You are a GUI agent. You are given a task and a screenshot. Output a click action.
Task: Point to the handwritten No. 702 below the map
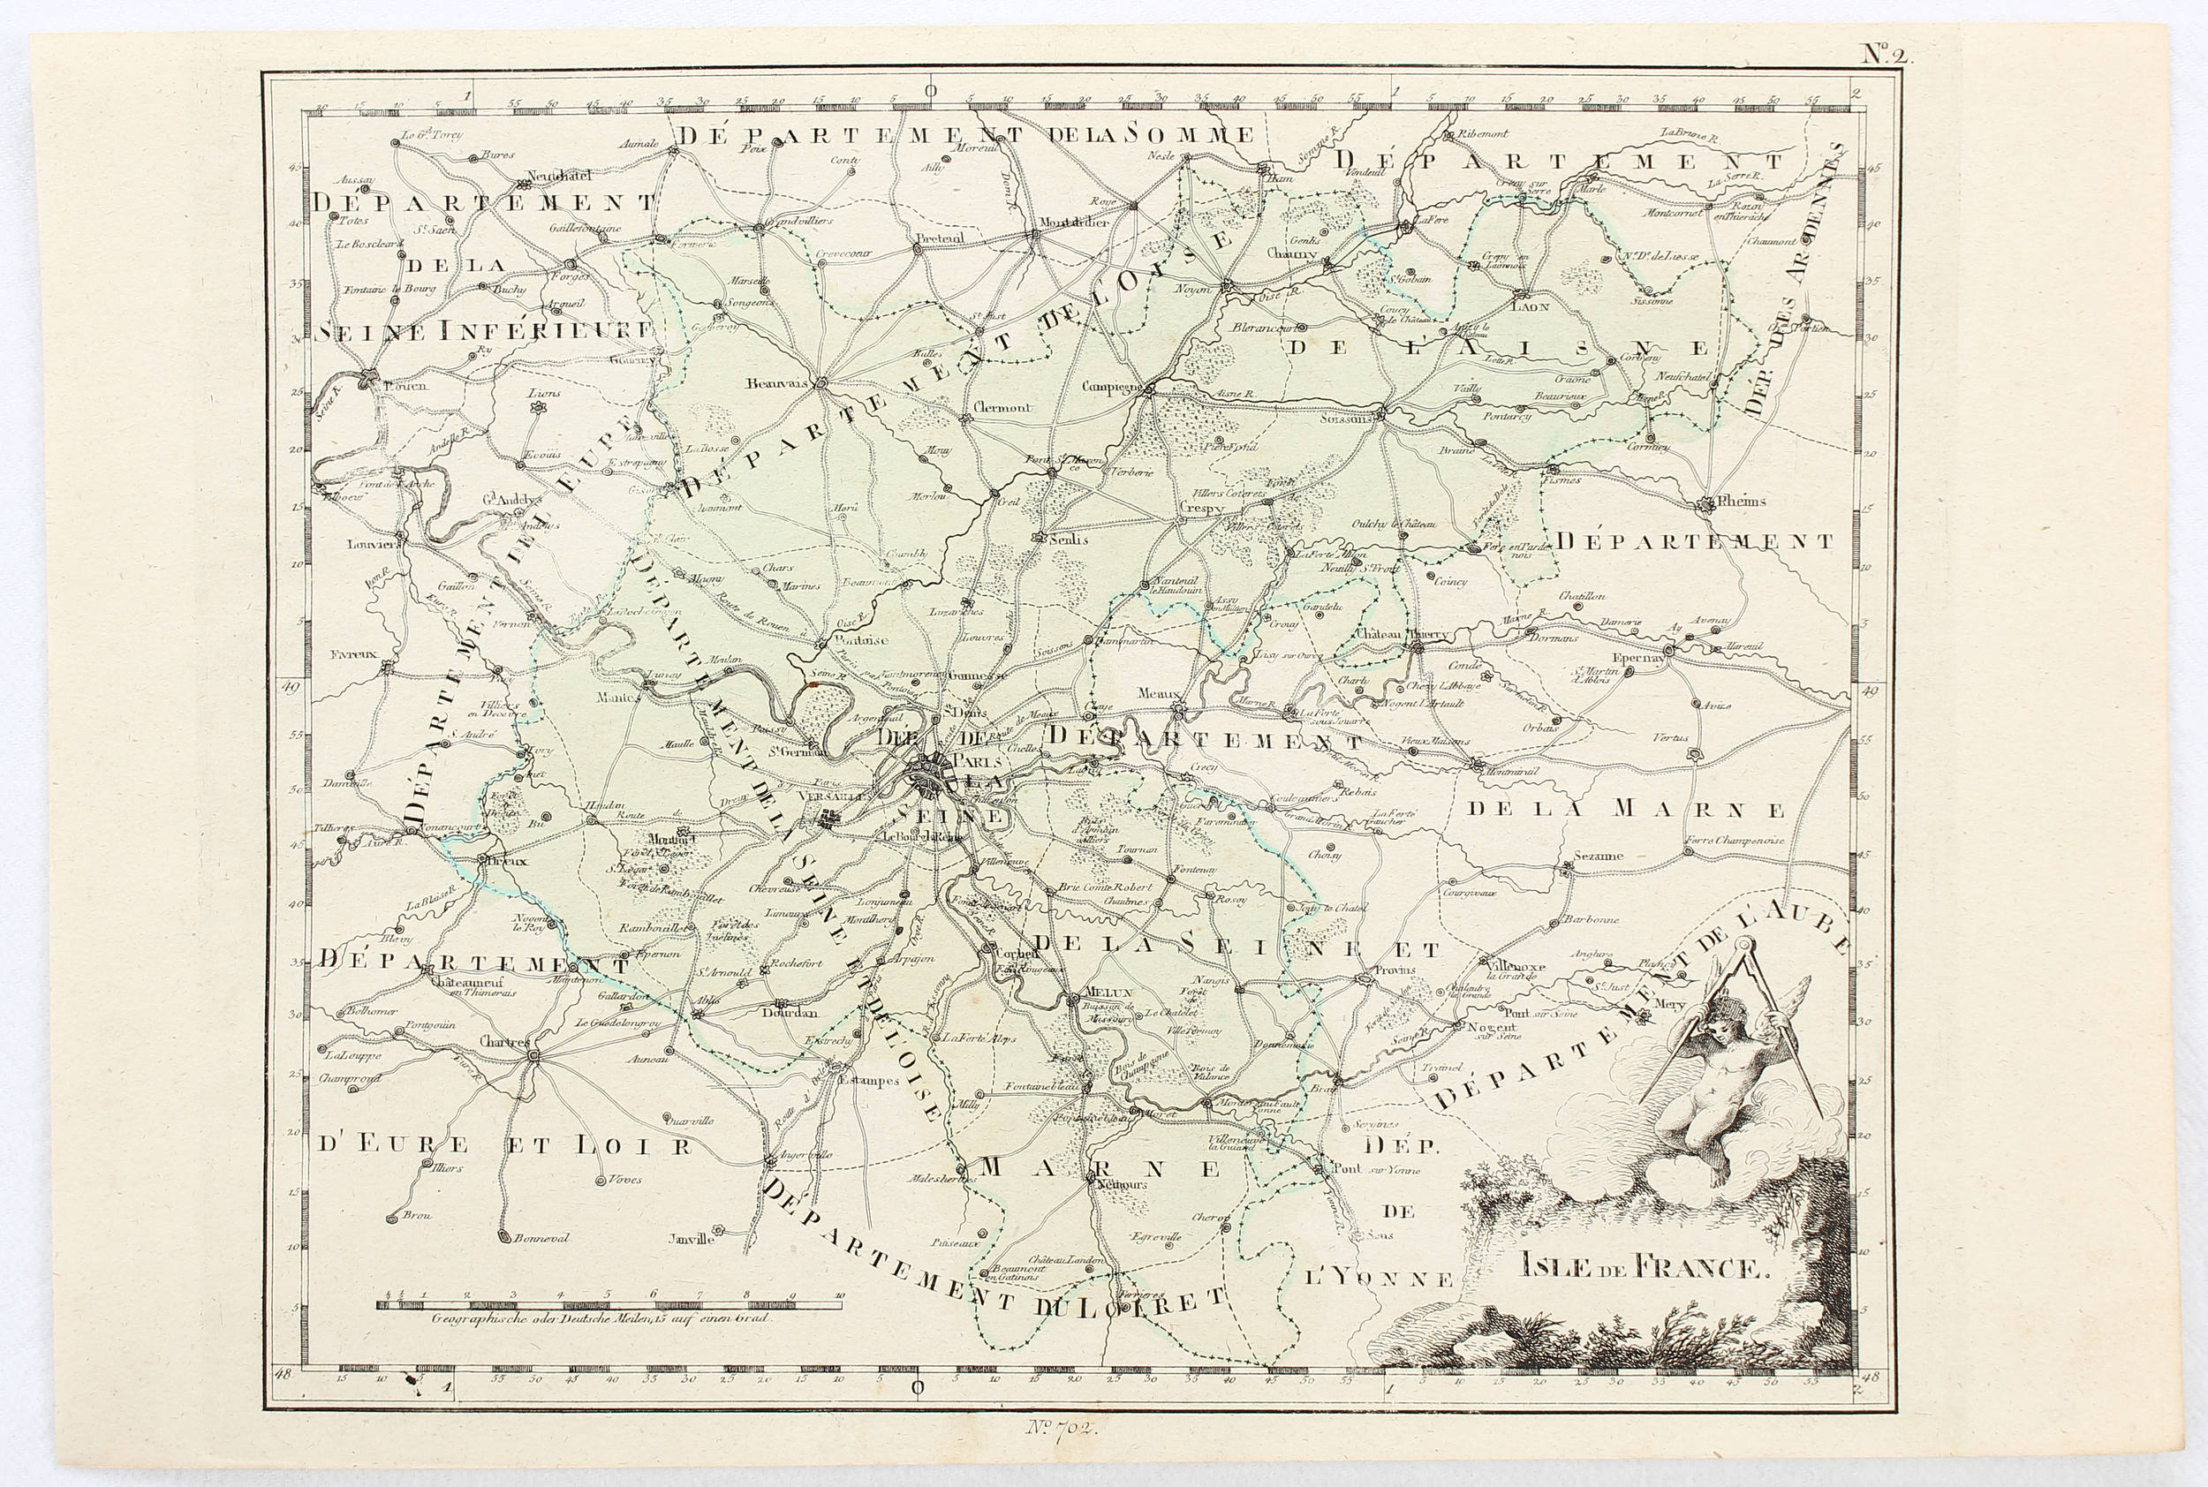click(1062, 1426)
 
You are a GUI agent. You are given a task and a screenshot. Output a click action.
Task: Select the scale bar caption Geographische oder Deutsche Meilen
click(602, 1317)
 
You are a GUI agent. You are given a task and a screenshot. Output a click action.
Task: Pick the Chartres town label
click(503, 1041)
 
